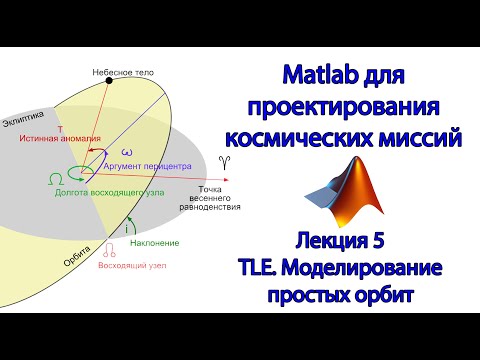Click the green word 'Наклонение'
tap(155, 243)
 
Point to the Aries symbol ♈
tap(222, 161)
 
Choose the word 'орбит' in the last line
tap(410, 295)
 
